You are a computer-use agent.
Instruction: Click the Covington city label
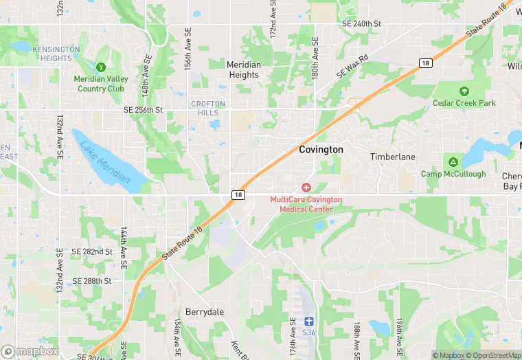pyautogui.click(x=321, y=149)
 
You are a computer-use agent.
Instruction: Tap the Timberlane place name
pyautogui.click(x=393, y=157)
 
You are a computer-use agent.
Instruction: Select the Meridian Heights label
pyautogui.click(x=244, y=69)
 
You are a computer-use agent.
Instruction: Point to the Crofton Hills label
pyautogui.click(x=207, y=108)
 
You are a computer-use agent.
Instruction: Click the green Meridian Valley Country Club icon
pyautogui.click(x=101, y=67)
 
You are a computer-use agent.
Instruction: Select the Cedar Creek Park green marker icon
pyautogui.click(x=464, y=91)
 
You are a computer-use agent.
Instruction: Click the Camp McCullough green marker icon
pyautogui.click(x=453, y=162)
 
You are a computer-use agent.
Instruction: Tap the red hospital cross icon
pyautogui.click(x=306, y=188)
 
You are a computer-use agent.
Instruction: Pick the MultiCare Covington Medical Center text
pyautogui.click(x=306, y=204)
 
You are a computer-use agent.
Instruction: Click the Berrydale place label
pyautogui.click(x=205, y=312)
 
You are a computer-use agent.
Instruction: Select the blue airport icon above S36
pyautogui.click(x=309, y=321)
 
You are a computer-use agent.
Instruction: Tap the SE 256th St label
pyautogui.click(x=143, y=110)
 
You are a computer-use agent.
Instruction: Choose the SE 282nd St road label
pyautogui.click(x=92, y=252)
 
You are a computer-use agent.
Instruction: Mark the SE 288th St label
pyautogui.click(x=92, y=281)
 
